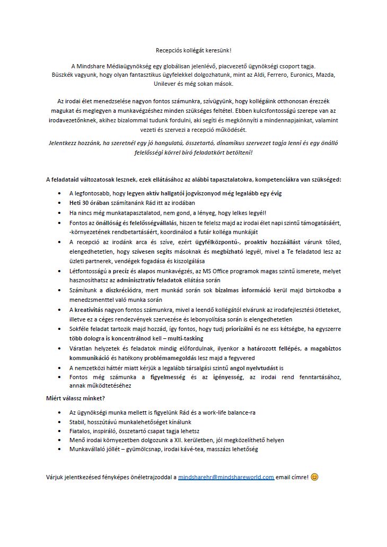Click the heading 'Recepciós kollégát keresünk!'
[x=193, y=50]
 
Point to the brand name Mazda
[x=328, y=75]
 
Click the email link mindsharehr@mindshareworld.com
[x=226, y=477]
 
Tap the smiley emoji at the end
[x=315, y=477]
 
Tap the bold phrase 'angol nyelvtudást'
[x=254, y=367]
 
